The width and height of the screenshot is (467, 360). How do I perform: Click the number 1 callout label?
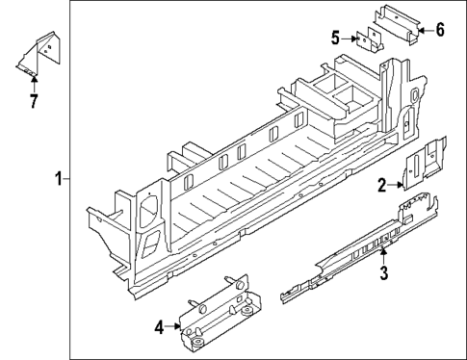(x=59, y=179)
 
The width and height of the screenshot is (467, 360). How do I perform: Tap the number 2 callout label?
(x=381, y=185)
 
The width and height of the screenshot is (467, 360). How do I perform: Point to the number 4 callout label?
(x=159, y=326)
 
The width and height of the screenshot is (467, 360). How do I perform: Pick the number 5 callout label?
(x=336, y=39)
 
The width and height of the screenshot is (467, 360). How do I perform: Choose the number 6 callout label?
(x=440, y=30)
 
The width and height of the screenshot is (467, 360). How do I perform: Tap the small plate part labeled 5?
(x=366, y=41)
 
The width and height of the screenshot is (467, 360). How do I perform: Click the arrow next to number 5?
(x=350, y=39)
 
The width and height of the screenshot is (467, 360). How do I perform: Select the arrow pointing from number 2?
(x=396, y=184)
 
